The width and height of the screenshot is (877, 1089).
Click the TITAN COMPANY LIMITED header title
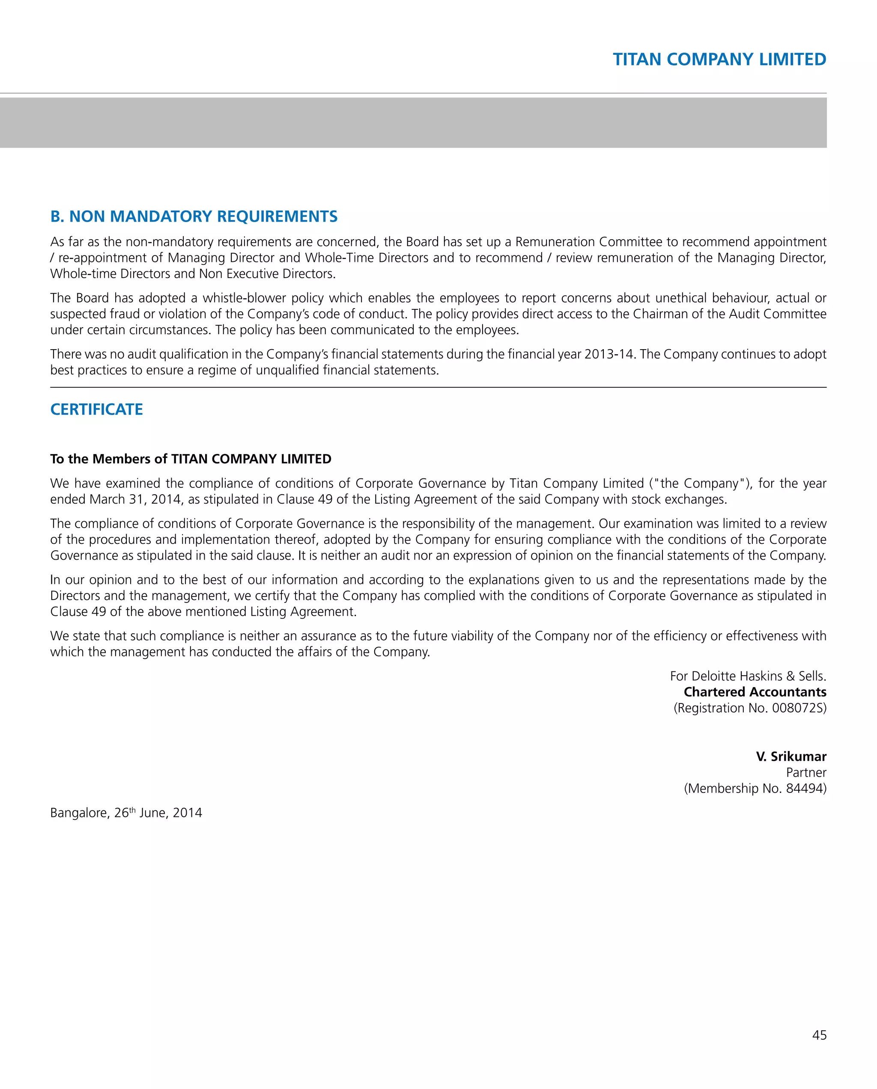[x=719, y=59]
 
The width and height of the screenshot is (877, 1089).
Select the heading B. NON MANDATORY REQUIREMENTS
[x=194, y=217]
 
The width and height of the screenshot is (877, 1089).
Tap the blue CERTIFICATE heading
[x=96, y=409]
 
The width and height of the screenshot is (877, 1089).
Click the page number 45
[x=819, y=1036]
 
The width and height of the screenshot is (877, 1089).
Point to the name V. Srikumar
[x=790, y=757]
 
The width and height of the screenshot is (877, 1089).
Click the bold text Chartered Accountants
[x=755, y=692]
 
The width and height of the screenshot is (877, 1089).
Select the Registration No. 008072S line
[x=750, y=708]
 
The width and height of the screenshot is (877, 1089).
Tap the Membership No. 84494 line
[x=755, y=789]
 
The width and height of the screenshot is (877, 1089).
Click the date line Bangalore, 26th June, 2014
[x=126, y=813]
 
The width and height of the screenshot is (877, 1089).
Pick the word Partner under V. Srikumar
[x=806, y=772]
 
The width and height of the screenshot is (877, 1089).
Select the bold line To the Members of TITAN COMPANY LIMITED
[x=191, y=459]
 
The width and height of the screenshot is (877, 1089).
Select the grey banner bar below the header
[x=413, y=123]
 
